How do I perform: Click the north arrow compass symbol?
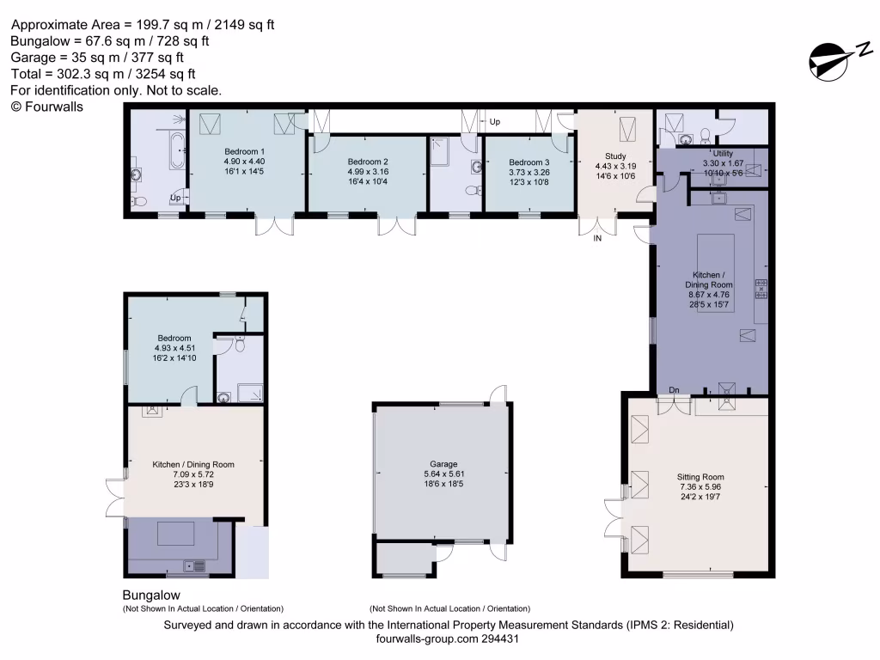point(829,60)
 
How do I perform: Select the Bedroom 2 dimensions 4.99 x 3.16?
point(368,172)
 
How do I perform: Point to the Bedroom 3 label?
point(529,162)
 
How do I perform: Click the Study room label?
point(616,156)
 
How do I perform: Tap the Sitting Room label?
point(700,477)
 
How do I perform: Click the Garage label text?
point(443,464)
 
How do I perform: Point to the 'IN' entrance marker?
point(597,240)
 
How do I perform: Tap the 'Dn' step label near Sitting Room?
point(675,390)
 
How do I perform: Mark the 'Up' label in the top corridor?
point(495,122)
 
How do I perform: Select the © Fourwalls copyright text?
point(47,107)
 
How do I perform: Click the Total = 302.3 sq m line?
point(103,74)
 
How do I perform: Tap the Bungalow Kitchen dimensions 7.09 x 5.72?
point(193,474)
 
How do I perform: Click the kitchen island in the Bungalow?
point(177,534)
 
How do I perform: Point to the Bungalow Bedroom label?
point(174,339)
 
